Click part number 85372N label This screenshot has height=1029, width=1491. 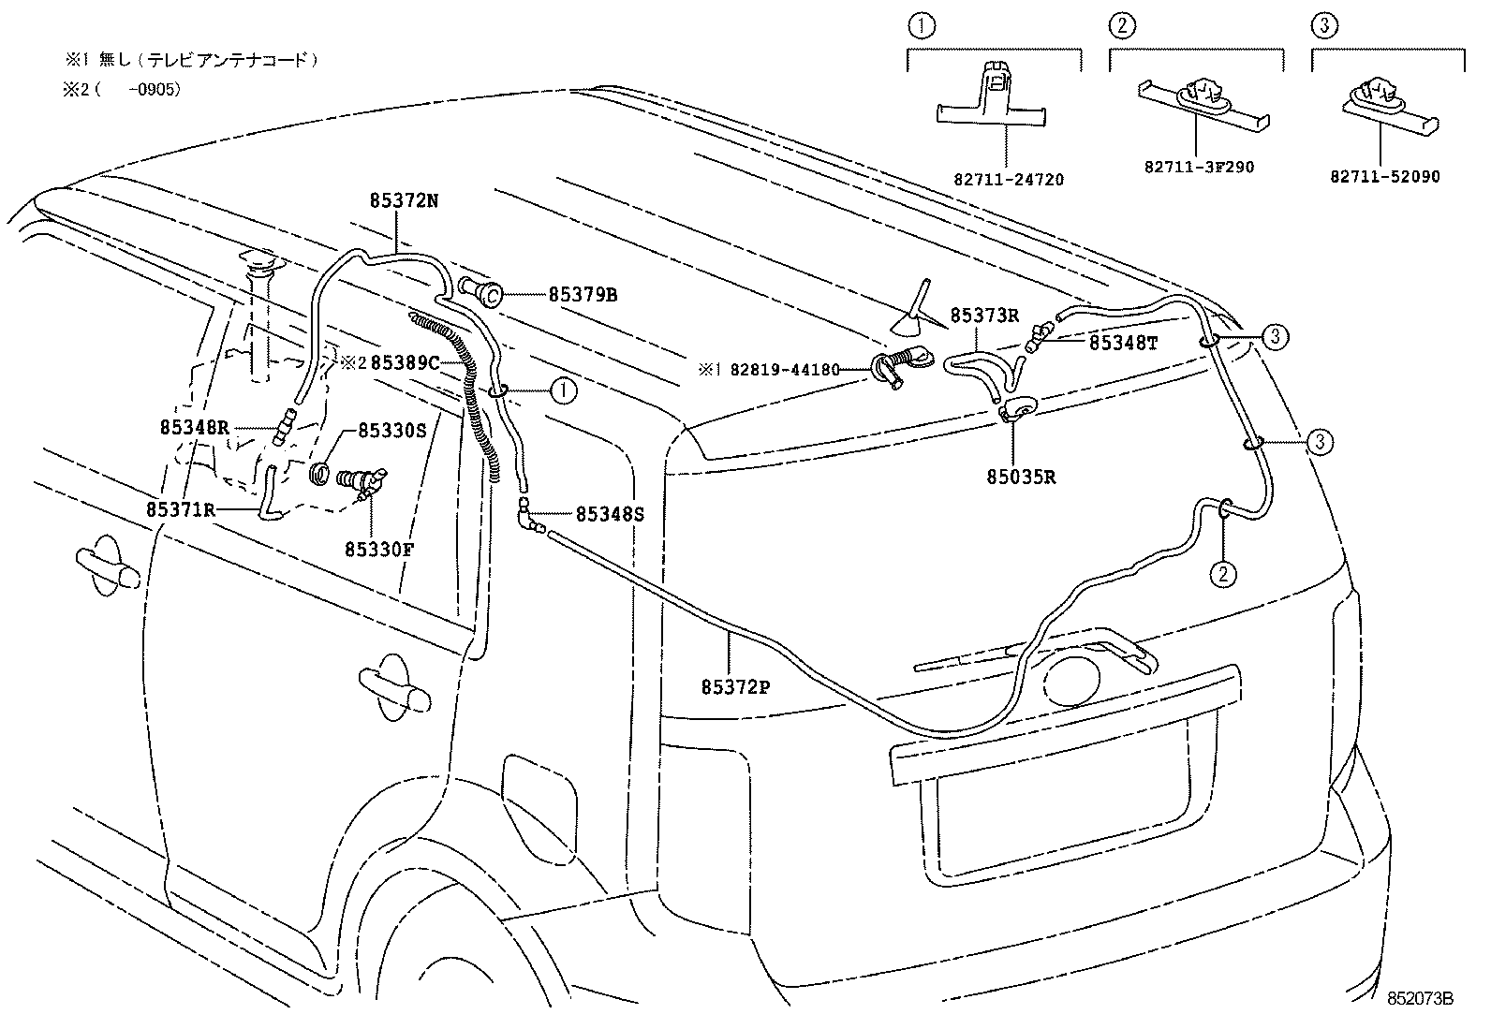404,200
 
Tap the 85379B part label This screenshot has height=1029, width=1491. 583,295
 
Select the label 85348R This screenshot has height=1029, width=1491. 195,427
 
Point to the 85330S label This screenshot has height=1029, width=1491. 392,431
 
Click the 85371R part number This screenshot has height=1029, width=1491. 181,510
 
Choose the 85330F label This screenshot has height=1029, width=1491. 379,550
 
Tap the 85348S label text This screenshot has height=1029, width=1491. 610,514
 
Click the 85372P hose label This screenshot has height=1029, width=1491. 735,687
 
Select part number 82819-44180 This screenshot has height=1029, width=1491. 785,370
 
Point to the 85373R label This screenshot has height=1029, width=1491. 984,316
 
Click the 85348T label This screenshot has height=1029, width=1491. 1124,343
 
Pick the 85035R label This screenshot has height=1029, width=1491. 1021,478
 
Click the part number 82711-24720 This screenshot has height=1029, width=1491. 1009,180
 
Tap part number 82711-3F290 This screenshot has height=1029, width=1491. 1200,167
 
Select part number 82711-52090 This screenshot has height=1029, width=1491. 1385,176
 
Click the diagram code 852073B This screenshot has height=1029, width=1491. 1420,999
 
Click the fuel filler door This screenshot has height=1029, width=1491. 539,803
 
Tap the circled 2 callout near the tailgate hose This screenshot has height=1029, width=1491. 1223,574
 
